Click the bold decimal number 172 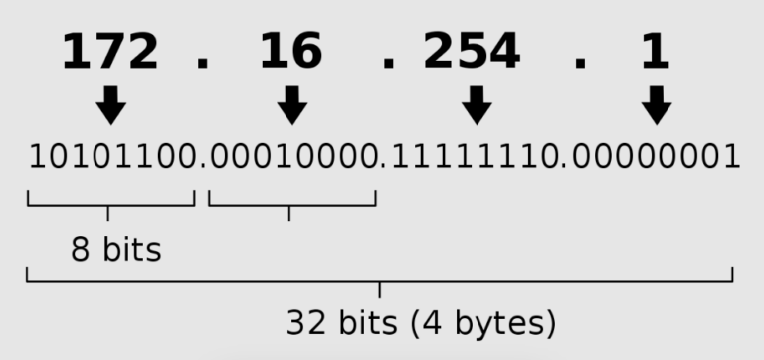(x=109, y=53)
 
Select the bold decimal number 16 (x=290, y=53)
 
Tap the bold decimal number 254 (x=472, y=53)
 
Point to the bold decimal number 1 (x=655, y=53)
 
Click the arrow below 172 (x=110, y=103)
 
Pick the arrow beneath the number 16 (x=290, y=103)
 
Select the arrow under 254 (x=477, y=103)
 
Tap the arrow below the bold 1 (x=656, y=103)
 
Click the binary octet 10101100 (x=110, y=156)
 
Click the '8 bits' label (x=115, y=249)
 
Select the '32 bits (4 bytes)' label (x=421, y=322)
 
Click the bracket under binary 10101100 (x=109, y=205)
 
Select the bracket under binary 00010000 (x=291, y=205)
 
